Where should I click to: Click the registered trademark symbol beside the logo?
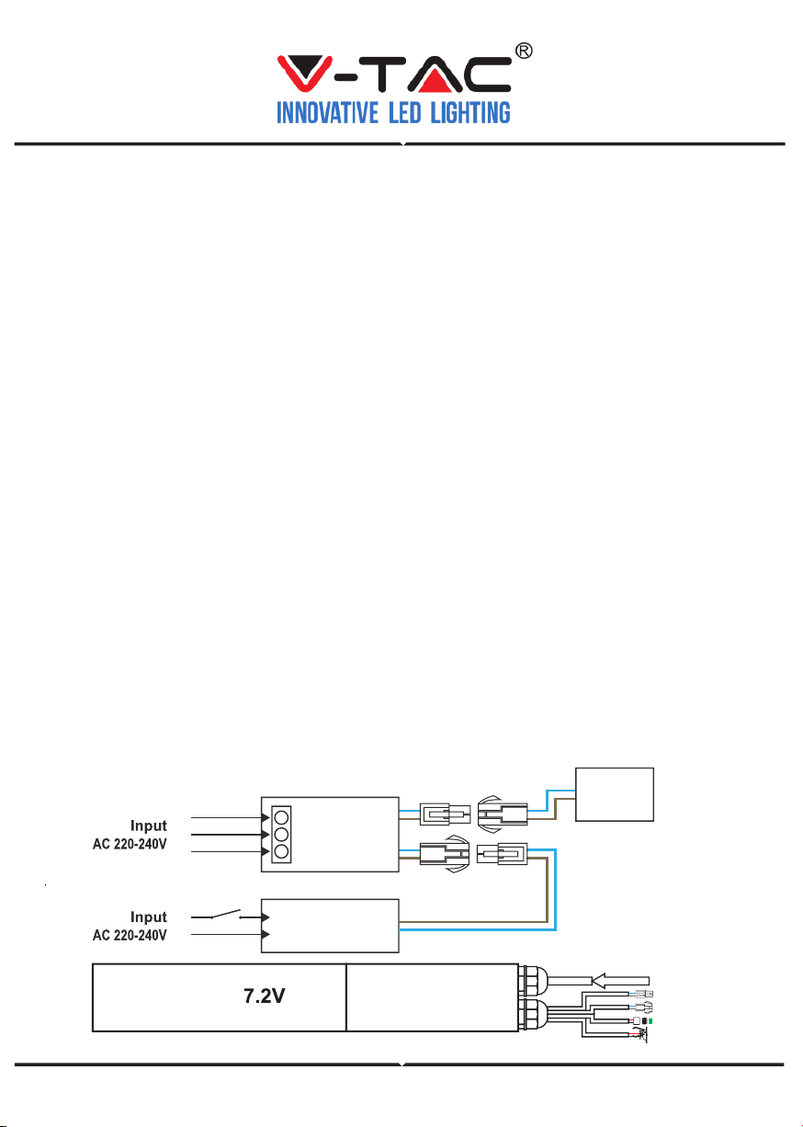pos(524,51)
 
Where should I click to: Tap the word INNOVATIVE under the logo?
pos(327,113)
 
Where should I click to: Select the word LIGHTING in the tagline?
pos(470,113)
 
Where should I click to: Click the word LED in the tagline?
pos(404,113)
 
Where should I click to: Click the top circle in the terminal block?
pos(281,816)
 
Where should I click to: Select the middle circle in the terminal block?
pos(281,834)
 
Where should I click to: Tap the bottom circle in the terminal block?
pos(281,851)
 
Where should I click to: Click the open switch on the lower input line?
pos(226,914)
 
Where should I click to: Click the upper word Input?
pos(148,825)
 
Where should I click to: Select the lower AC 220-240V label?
pos(130,935)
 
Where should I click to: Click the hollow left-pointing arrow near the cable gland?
pos(620,981)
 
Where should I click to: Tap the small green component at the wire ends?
pos(650,1021)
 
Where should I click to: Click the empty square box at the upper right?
pos(615,794)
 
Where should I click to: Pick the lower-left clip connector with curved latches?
pos(445,854)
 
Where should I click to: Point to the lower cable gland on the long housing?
pos(533,1013)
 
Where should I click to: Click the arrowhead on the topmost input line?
pos(266,817)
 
